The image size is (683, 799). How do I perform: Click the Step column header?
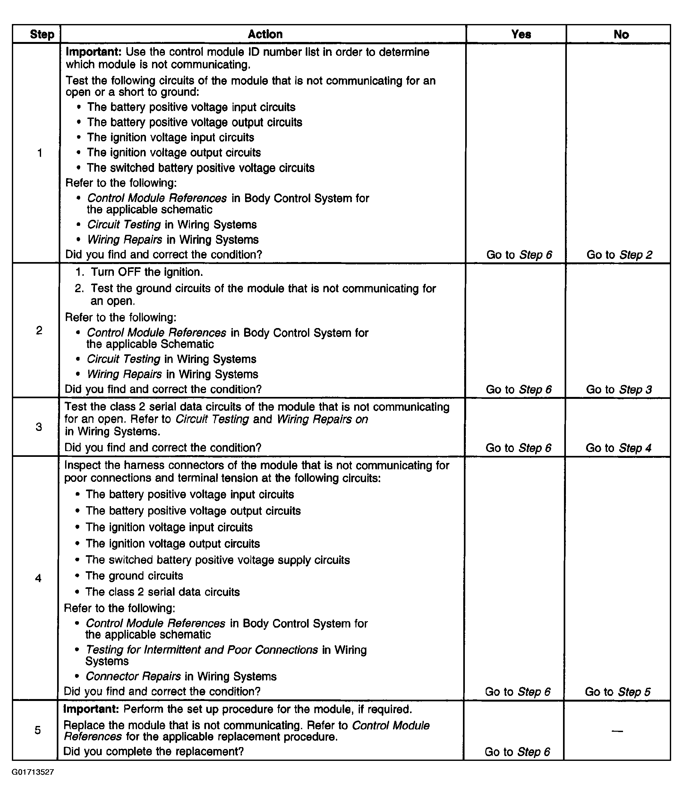[42, 34]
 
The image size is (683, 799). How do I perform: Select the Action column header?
[265, 34]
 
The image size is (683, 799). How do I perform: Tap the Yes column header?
[521, 34]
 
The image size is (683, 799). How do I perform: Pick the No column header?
[621, 35]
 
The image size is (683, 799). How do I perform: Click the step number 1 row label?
[39, 153]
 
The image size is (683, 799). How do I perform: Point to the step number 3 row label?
[38, 427]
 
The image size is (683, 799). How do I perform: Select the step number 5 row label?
[38, 730]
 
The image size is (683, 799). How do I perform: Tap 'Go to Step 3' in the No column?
[619, 389]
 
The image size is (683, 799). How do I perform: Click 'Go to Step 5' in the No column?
[618, 691]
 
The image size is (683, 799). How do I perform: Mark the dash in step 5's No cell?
[617, 731]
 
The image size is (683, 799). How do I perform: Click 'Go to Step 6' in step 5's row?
[517, 752]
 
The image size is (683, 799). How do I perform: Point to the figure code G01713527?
[33, 772]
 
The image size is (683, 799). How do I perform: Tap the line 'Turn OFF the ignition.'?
[147, 272]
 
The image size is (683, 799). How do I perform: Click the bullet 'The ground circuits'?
[134, 576]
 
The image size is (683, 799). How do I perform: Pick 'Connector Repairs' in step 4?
[133, 676]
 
